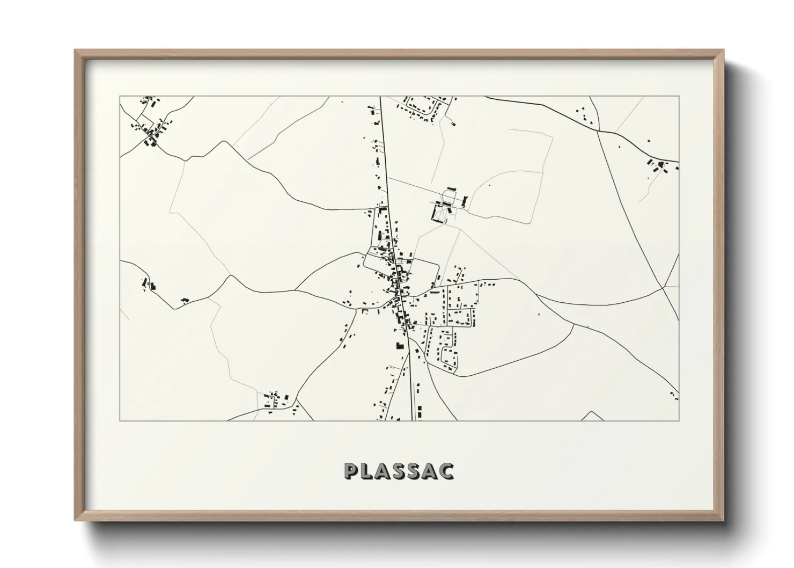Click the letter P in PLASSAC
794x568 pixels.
352,471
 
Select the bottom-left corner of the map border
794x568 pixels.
120,420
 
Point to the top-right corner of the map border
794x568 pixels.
679,97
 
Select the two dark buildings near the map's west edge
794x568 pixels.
149,285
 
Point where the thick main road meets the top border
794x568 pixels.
380,97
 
